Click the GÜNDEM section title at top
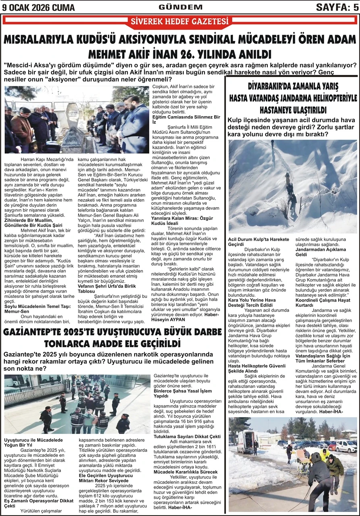click(x=180, y=7)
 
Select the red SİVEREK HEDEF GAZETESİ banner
click(x=180, y=22)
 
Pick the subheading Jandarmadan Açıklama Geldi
click(x=320, y=252)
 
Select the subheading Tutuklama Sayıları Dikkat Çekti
click(x=187, y=436)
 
